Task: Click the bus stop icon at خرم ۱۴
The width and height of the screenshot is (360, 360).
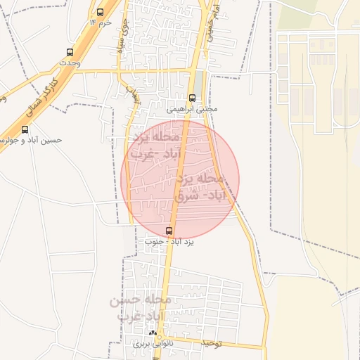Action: click(x=99, y=12)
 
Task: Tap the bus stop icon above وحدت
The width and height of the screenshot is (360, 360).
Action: click(x=69, y=52)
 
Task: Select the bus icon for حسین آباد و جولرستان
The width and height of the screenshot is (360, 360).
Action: click(x=25, y=129)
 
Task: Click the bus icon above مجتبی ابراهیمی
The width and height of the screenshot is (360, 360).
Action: click(x=193, y=98)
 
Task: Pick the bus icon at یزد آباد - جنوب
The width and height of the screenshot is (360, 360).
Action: click(x=168, y=231)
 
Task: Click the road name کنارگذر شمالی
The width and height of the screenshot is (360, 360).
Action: click(x=39, y=91)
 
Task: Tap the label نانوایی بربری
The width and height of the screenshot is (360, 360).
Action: click(x=152, y=345)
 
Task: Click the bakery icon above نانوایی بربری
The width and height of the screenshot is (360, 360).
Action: click(x=153, y=333)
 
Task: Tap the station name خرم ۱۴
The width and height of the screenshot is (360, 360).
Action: click(x=101, y=23)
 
